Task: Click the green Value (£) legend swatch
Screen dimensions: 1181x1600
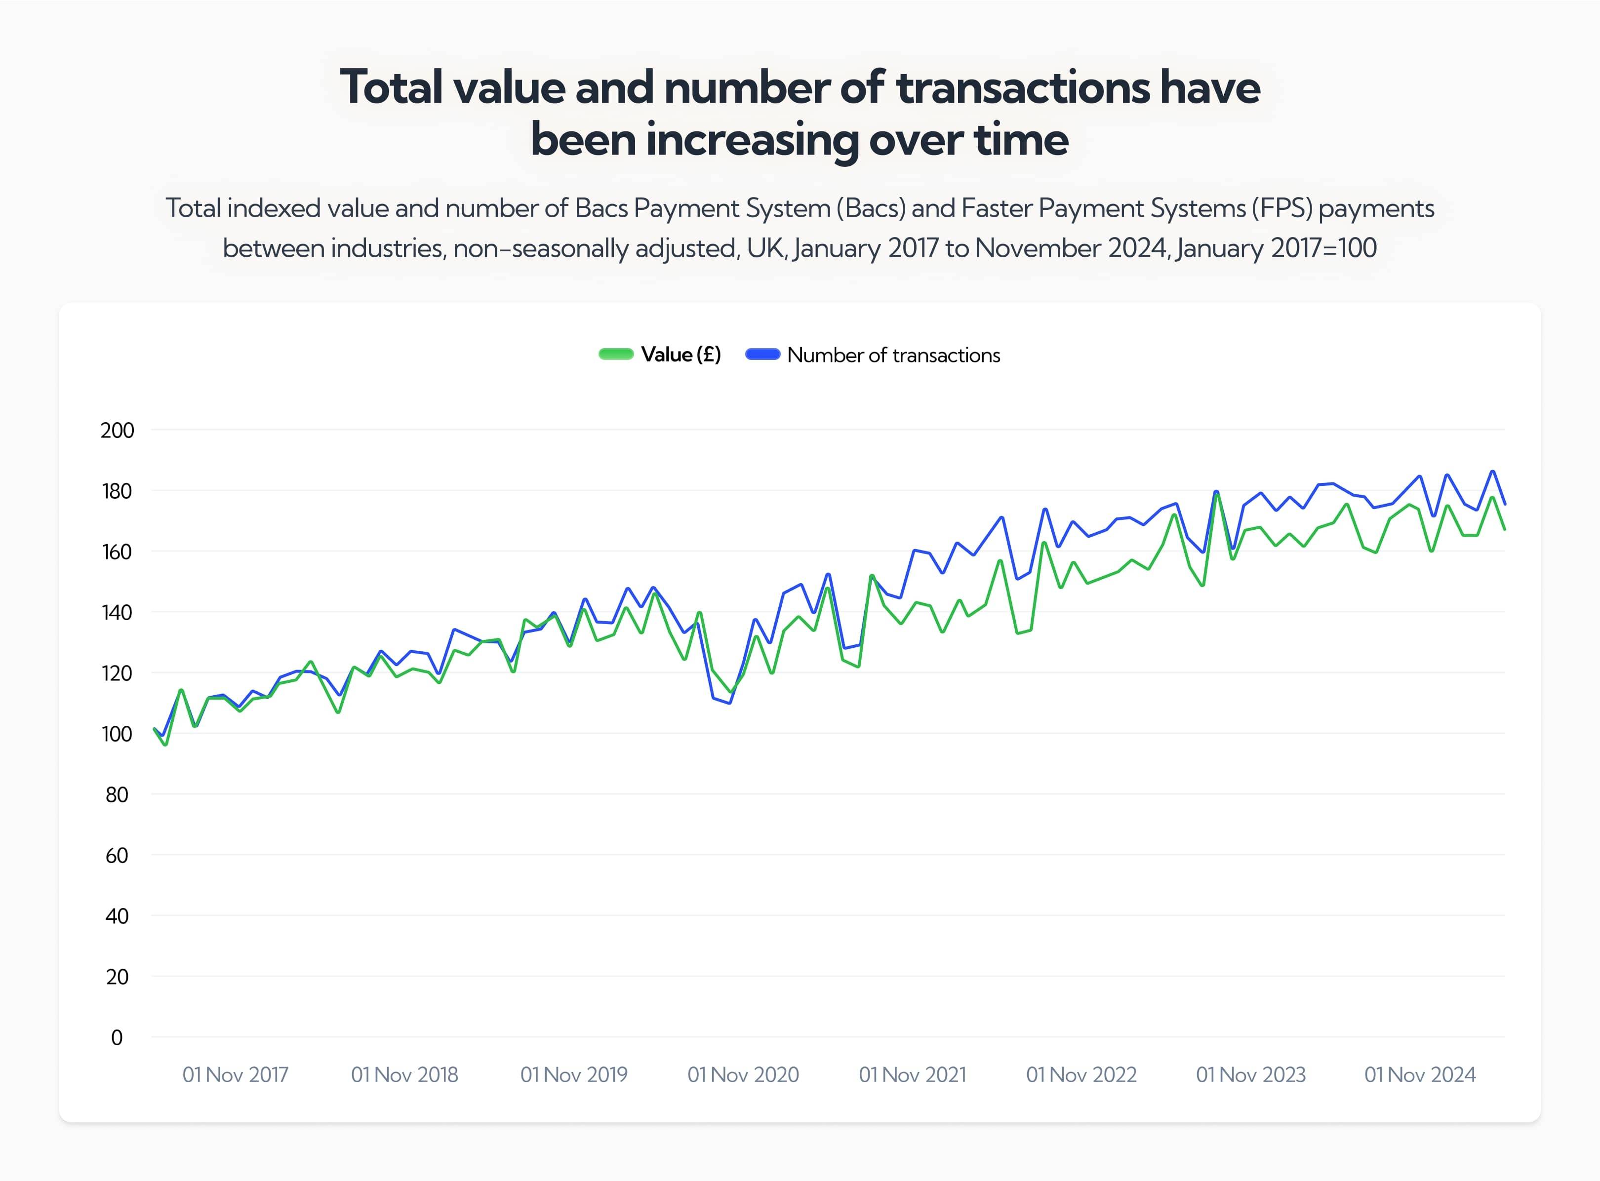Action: point(615,354)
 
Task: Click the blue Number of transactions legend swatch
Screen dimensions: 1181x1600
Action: point(762,354)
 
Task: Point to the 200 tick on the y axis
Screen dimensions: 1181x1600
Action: point(117,431)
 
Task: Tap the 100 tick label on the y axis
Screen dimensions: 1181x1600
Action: point(117,734)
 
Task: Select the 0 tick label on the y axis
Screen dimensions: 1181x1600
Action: point(117,1037)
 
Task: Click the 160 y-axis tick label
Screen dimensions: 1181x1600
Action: point(117,552)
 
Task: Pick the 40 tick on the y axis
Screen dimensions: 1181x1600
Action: point(117,916)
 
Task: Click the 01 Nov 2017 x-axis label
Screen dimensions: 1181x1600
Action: point(235,1074)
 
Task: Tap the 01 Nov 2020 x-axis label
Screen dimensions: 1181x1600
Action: point(743,1074)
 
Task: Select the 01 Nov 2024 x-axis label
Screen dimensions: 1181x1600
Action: point(1420,1074)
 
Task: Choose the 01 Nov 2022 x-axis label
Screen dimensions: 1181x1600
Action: point(1081,1074)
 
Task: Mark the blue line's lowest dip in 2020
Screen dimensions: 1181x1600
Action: point(729,703)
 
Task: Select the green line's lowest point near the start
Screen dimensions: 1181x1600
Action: point(166,745)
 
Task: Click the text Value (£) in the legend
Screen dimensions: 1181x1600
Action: point(680,354)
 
